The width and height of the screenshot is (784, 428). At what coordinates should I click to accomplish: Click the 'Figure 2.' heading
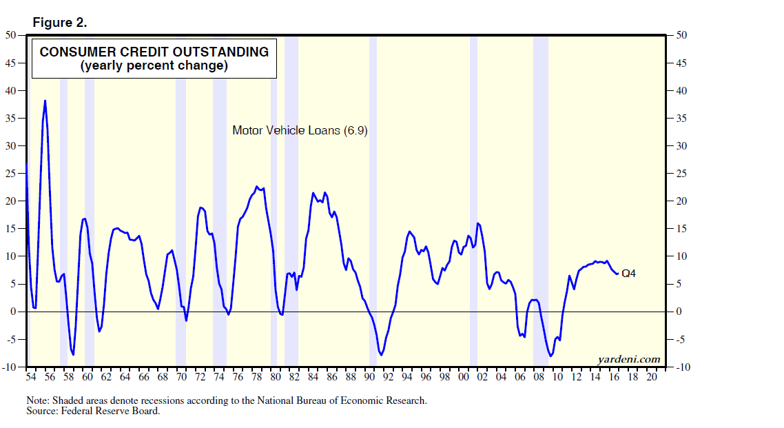59,23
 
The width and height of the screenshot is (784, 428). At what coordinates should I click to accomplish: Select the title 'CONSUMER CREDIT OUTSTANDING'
154,52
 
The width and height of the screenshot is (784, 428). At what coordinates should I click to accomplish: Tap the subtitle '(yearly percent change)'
154,66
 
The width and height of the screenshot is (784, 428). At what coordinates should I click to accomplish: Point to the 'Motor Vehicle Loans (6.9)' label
300,130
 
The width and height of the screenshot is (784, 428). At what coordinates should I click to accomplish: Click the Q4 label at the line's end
628,274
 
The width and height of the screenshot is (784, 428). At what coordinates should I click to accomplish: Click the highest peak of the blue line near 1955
45,101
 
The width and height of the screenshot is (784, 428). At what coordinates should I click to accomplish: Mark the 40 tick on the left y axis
12,91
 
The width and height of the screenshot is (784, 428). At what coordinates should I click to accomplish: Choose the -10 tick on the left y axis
10,367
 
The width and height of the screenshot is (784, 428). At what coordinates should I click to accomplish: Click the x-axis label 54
30,377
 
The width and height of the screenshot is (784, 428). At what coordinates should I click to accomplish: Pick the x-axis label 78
256,377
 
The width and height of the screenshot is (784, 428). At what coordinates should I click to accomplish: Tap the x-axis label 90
369,377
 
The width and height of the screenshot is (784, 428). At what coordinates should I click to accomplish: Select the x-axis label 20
652,377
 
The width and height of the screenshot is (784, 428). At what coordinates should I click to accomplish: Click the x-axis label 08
539,377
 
